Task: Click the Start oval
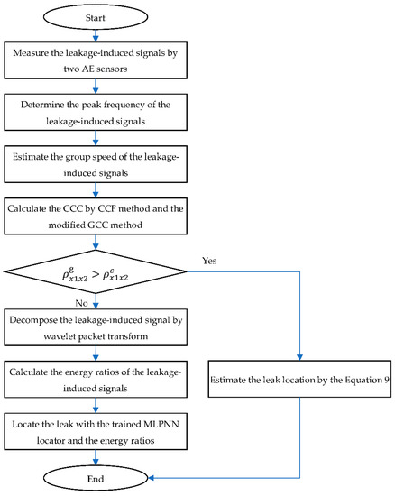coord(99,16)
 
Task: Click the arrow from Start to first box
coord(99,37)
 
